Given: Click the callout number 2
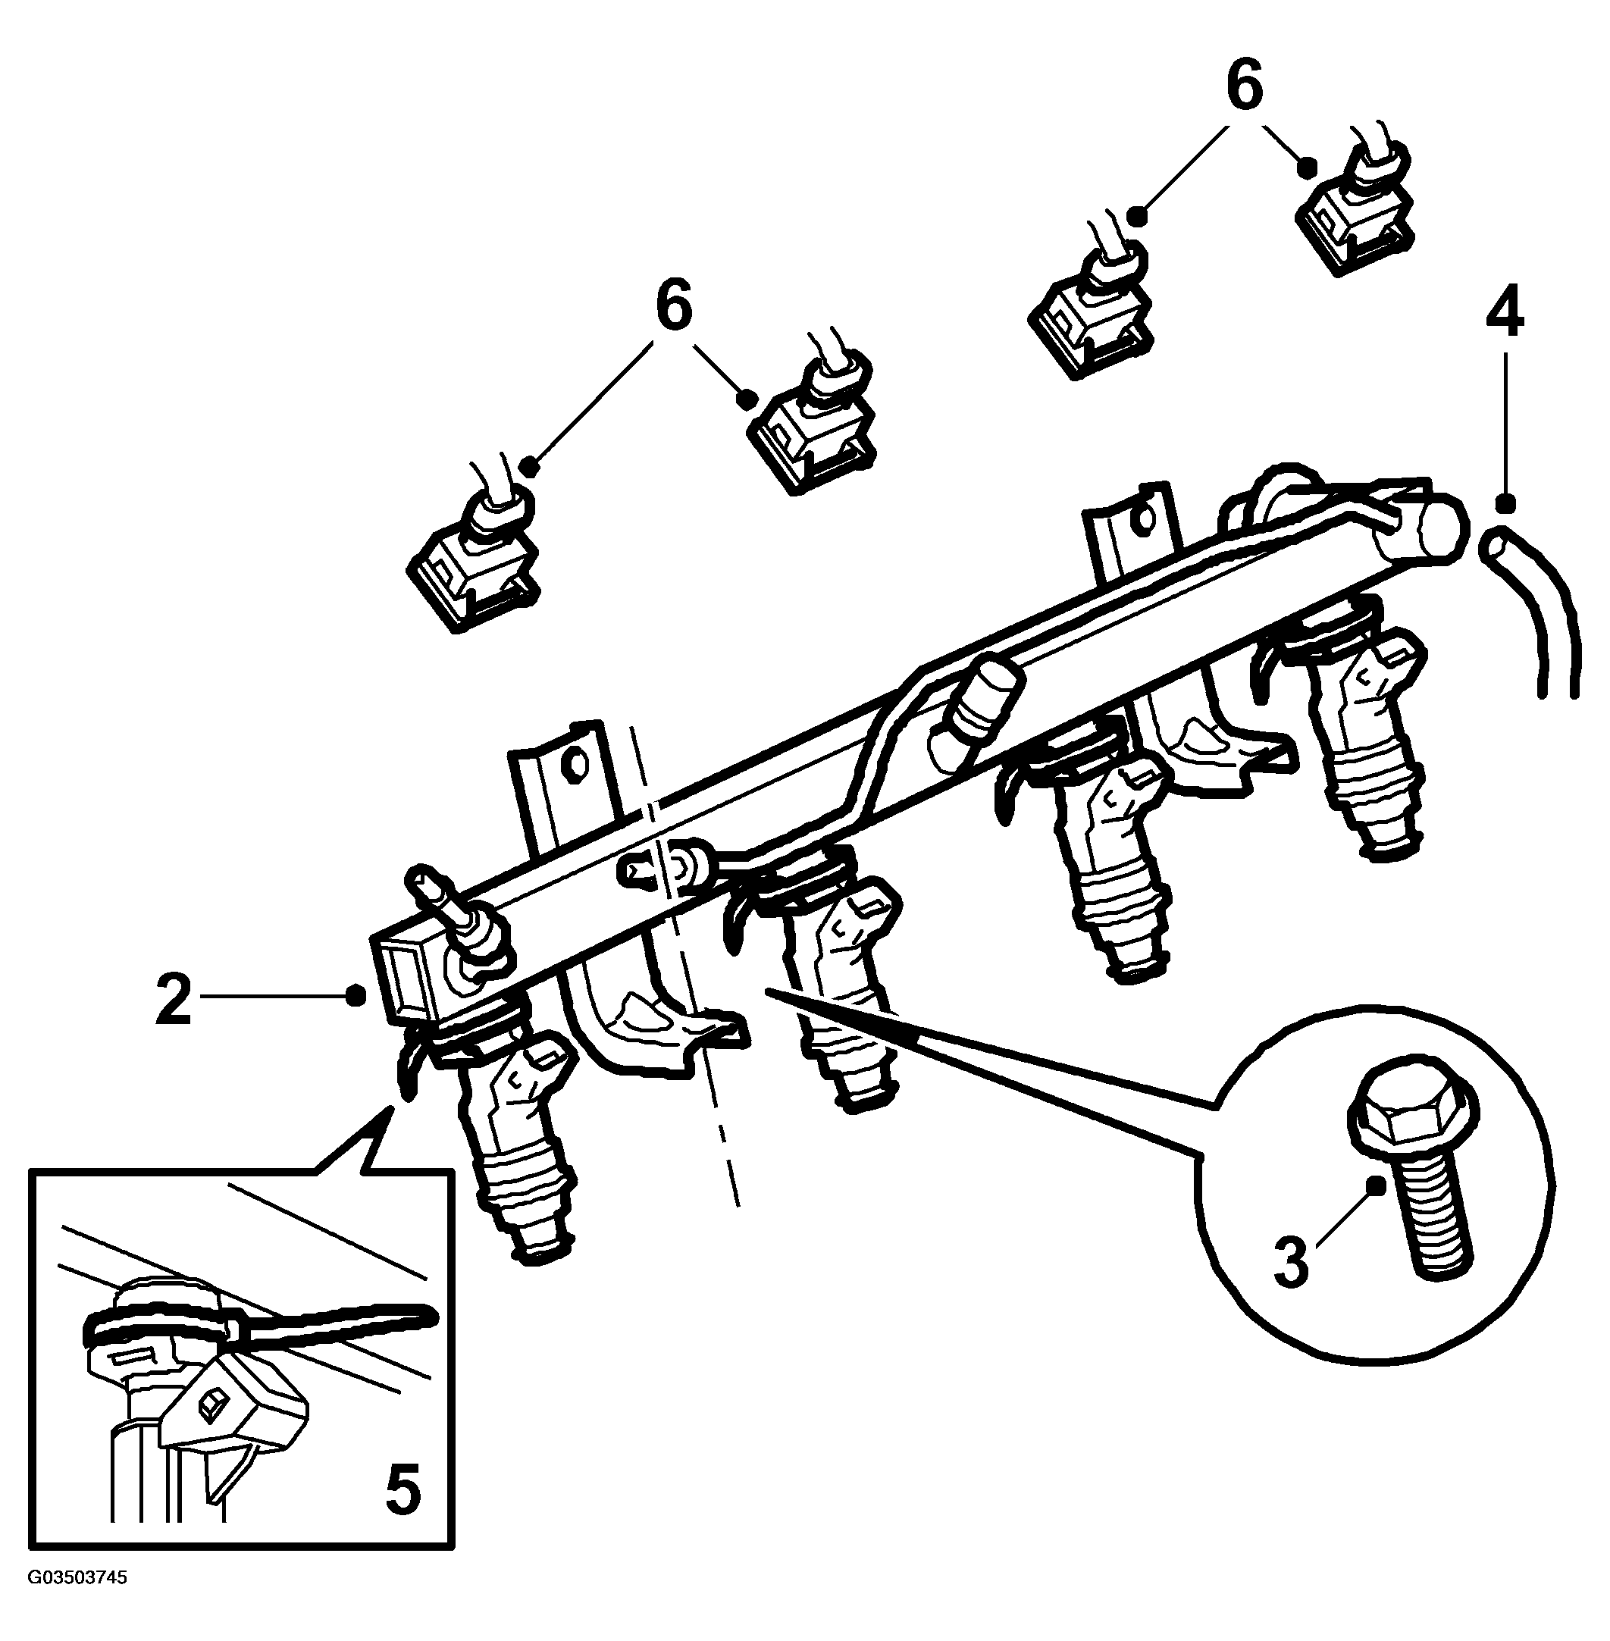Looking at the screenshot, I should [x=174, y=999].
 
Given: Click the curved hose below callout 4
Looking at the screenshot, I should [x=1539, y=609].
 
